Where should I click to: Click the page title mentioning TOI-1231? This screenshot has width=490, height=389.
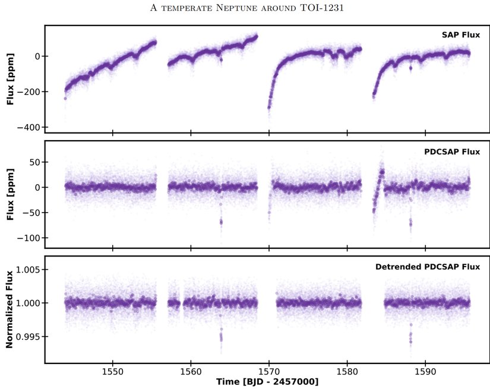pos(244,8)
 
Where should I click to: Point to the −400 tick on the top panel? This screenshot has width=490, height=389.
pos(29,127)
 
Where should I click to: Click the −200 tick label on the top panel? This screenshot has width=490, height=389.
pos(29,91)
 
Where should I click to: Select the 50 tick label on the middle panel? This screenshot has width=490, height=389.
pos(34,162)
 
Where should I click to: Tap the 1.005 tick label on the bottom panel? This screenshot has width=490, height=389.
pos(28,270)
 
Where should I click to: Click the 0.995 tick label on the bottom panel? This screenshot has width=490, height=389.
pos(28,337)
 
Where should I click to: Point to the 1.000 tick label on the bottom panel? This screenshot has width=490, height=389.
pos(28,303)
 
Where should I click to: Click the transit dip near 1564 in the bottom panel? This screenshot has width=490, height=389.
pos(221,337)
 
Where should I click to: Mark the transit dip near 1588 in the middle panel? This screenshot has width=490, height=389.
pos(410,223)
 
